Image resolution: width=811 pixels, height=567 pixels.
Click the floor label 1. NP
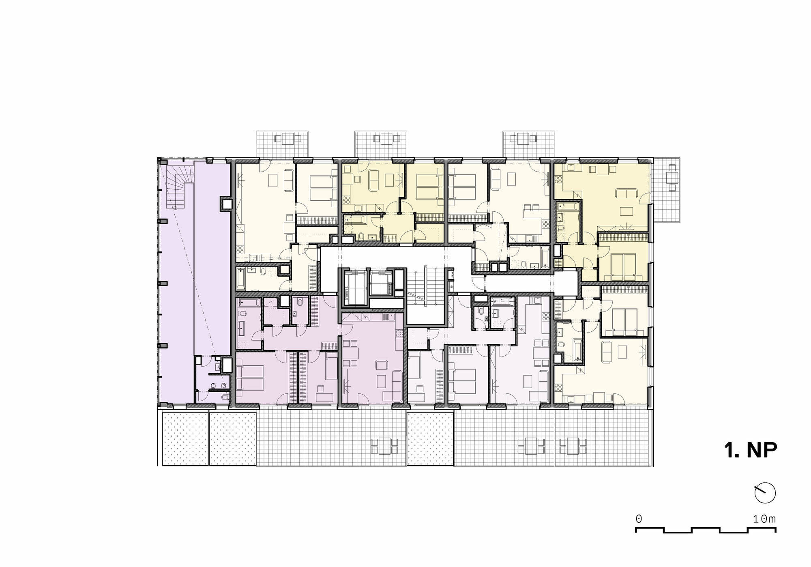pyautogui.click(x=751, y=450)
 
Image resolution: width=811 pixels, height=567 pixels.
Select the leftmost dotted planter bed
pyautogui.click(x=185, y=439)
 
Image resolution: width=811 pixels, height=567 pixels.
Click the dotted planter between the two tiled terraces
pyautogui.click(x=430, y=439)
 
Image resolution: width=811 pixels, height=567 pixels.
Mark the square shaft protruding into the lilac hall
pyautogui.click(x=226, y=204)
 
